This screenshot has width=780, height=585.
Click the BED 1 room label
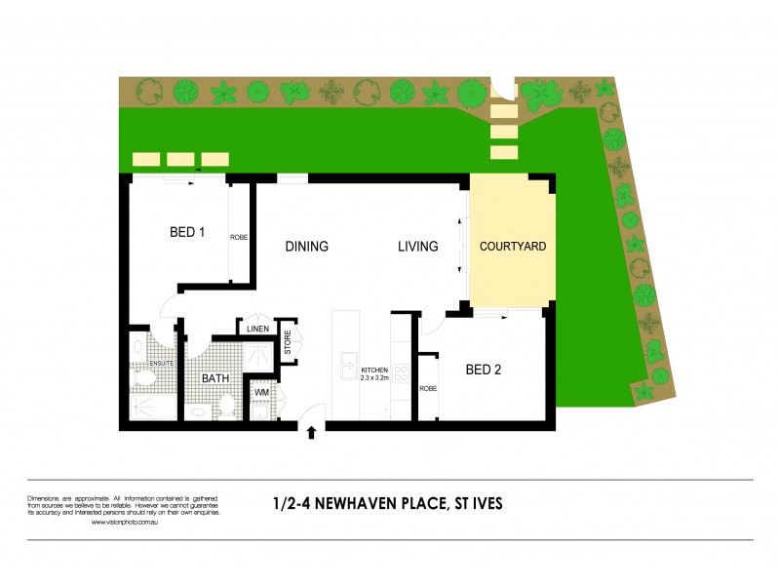(187, 232)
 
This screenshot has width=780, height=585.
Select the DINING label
(306, 247)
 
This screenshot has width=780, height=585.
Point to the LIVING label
(417, 247)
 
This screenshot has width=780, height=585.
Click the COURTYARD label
(512, 247)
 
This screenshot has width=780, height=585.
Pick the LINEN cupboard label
(257, 329)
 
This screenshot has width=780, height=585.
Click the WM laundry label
(260, 393)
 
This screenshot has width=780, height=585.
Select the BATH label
(214, 378)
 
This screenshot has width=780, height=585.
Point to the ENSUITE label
(162, 364)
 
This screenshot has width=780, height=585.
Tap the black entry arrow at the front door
(312, 433)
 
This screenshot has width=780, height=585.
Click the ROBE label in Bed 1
(239, 237)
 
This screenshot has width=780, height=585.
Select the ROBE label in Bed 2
(427, 388)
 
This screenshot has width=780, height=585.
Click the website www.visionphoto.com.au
(125, 522)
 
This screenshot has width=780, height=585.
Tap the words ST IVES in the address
(476, 504)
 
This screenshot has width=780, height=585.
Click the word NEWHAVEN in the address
(364, 504)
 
